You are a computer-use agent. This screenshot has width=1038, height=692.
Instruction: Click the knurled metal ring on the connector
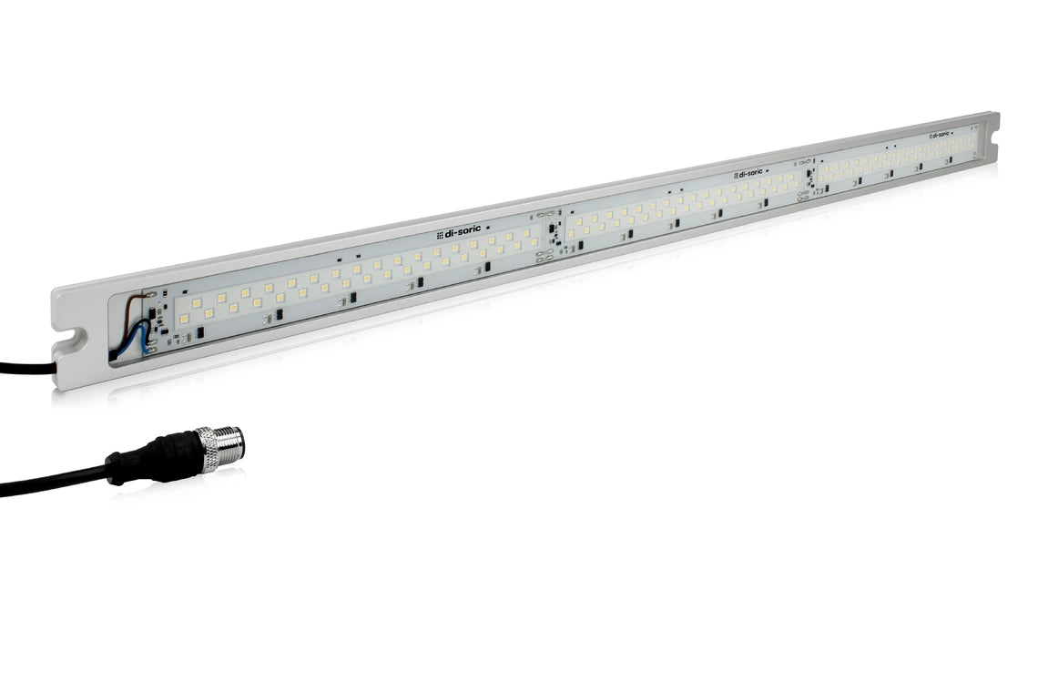(210, 448)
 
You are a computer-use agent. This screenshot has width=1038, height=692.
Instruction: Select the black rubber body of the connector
(168, 455)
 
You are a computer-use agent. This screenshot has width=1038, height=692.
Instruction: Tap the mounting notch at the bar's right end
(992, 145)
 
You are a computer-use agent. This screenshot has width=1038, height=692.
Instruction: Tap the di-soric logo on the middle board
(749, 172)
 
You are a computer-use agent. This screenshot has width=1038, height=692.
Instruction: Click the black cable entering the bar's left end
(27, 368)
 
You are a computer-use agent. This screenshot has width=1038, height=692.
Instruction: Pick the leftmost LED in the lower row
(183, 320)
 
